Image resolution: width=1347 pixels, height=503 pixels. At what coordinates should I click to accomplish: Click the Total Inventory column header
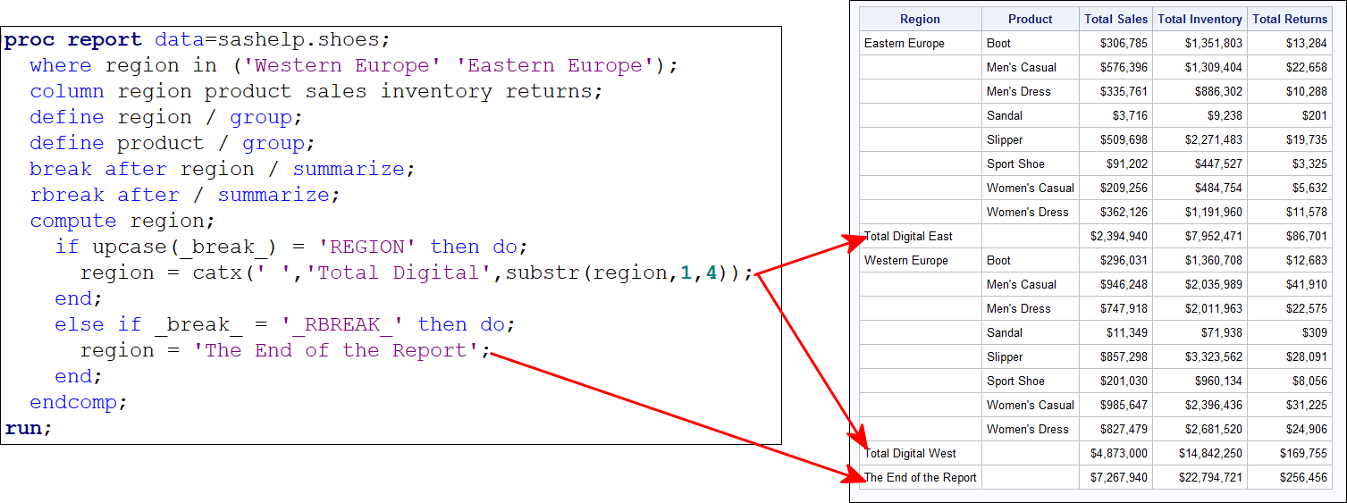(1200, 19)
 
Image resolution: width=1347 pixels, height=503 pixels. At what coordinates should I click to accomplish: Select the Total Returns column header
(1290, 19)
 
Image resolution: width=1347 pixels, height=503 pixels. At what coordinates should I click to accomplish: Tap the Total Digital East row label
(908, 237)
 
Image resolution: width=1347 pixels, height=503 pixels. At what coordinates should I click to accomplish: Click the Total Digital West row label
(910, 454)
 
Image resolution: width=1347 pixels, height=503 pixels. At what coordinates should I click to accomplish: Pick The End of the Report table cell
(920, 478)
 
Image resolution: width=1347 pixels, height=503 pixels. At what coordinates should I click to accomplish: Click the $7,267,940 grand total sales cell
(1118, 478)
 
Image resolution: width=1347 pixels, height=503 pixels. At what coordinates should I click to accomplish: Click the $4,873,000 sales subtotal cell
(1118, 454)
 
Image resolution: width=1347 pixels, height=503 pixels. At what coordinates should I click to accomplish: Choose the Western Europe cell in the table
(905, 261)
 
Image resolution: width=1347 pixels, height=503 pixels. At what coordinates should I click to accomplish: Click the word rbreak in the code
(67, 195)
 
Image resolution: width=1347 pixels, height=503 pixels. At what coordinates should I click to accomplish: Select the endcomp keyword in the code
(73, 402)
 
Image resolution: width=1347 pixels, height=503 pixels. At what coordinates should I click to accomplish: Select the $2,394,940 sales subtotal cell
(1118, 237)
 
